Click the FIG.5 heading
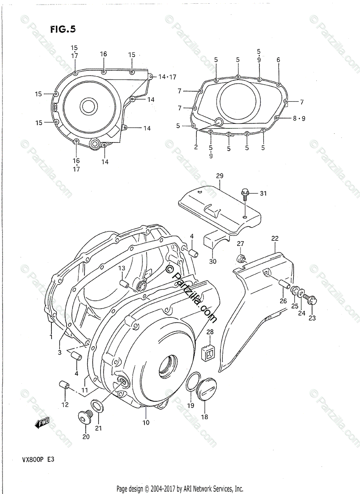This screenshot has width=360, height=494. tap(63, 29)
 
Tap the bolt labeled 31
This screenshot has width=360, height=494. tap(244, 193)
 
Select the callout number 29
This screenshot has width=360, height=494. tap(219, 176)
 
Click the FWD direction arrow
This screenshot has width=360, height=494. tap(42, 422)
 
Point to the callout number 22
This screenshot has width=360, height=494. tap(275, 238)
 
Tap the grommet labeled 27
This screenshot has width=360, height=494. tap(241, 259)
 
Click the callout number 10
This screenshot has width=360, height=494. tap(146, 422)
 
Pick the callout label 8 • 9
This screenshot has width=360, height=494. tap(299, 119)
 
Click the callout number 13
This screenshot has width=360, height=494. tap(122, 268)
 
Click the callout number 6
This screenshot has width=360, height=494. tap(278, 60)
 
